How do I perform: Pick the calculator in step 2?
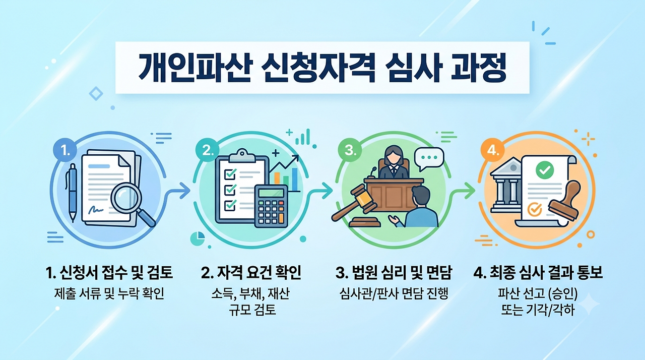tap(271, 206)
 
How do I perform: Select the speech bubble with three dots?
tap(429, 159)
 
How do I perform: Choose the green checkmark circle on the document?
tap(545, 170)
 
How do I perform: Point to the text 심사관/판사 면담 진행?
tap(394, 293)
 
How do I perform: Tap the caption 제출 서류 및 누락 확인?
tap(109, 293)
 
